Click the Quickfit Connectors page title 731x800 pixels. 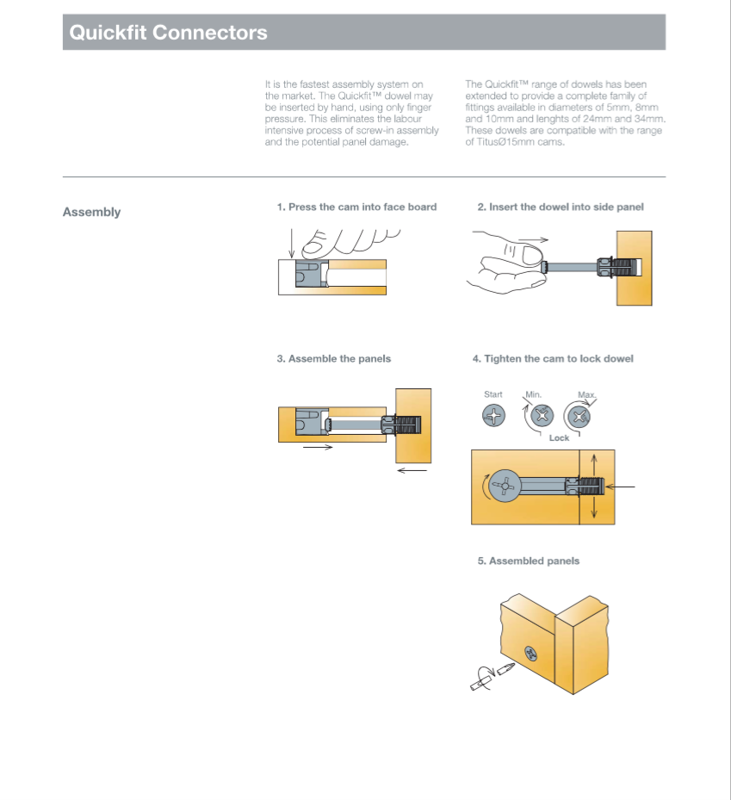click(x=168, y=34)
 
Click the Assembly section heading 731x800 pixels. click(x=91, y=212)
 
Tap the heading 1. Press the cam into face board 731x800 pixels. click(x=356, y=208)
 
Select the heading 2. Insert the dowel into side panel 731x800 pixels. click(x=561, y=208)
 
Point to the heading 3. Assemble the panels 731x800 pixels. click(x=333, y=358)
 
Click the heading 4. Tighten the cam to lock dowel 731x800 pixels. click(x=552, y=358)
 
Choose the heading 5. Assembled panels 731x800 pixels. click(x=528, y=561)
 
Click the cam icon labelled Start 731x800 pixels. click(x=492, y=417)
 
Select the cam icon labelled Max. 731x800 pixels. click(x=580, y=418)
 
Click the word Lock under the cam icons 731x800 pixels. click(x=559, y=438)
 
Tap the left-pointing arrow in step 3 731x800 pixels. click(x=412, y=470)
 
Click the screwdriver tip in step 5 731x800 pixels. click(x=505, y=669)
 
